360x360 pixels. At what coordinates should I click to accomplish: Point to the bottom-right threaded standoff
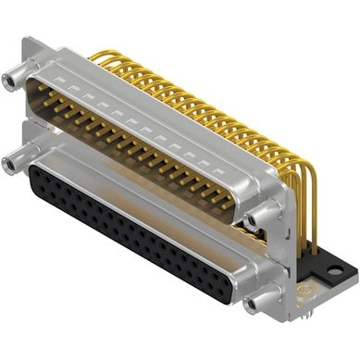click(x=256, y=303)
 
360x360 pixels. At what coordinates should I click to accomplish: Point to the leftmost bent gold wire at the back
click(x=98, y=56)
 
